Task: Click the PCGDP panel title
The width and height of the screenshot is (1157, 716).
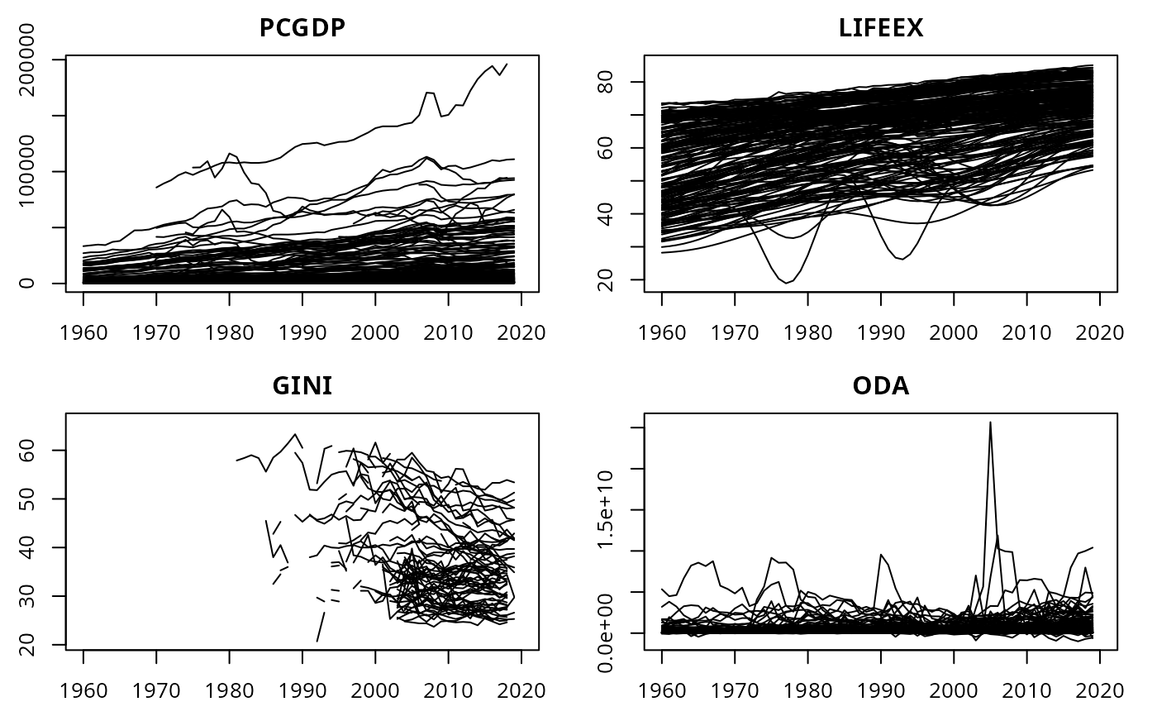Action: [302, 28]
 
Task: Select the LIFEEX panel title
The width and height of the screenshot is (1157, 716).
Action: [880, 28]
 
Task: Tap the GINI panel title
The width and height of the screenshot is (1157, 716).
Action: [302, 386]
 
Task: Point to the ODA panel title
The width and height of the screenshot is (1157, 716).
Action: [880, 386]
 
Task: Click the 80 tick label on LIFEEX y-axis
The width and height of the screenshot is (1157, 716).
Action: [614, 82]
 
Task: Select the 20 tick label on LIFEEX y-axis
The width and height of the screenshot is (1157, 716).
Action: [614, 280]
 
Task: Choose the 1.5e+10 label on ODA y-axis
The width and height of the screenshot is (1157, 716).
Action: [614, 510]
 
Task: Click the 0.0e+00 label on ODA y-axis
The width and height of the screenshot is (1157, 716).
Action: [614, 633]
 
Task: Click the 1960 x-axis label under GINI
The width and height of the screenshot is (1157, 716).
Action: [83, 690]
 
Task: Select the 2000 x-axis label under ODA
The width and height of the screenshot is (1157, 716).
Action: [954, 690]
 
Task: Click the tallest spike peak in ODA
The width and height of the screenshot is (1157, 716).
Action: [990, 422]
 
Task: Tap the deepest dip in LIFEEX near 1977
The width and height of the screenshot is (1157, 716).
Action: [786, 283]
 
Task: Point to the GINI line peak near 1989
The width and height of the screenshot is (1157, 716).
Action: [295, 434]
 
